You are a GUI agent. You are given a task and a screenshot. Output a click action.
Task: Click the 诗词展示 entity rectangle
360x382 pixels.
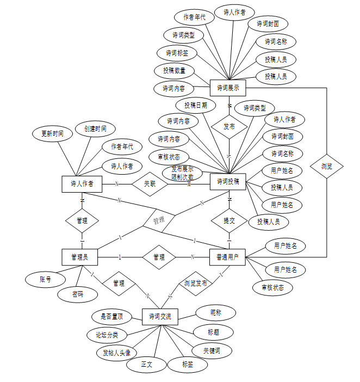click(x=228, y=87)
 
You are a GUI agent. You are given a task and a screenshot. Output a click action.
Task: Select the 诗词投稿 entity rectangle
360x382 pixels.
click(x=228, y=181)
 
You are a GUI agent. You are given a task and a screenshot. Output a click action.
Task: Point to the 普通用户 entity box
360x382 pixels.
click(x=227, y=257)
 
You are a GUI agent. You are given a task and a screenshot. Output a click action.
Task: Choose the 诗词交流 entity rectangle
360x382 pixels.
click(x=160, y=316)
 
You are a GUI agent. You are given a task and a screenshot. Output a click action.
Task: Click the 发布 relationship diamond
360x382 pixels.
click(x=229, y=126)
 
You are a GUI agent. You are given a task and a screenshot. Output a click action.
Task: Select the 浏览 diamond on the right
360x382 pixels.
click(x=326, y=165)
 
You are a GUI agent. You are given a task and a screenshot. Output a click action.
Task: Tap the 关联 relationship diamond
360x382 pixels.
click(x=150, y=184)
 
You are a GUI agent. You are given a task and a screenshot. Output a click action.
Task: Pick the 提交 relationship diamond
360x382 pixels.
click(x=229, y=220)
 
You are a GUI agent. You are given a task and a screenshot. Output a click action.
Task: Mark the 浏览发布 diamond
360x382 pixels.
click(x=195, y=284)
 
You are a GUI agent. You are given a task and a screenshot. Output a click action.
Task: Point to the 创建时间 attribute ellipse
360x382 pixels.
click(x=91, y=129)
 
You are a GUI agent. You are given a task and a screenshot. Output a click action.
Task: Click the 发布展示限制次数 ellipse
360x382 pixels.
click(x=182, y=173)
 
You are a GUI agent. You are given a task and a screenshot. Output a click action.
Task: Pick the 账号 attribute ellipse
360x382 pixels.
click(x=45, y=279)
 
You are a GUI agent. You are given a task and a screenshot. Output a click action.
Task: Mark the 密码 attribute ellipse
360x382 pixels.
click(x=78, y=294)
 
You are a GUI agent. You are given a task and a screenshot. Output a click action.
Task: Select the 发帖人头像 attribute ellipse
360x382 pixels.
click(x=117, y=352)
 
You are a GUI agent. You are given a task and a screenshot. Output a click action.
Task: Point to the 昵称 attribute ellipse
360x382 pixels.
click(x=216, y=312)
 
